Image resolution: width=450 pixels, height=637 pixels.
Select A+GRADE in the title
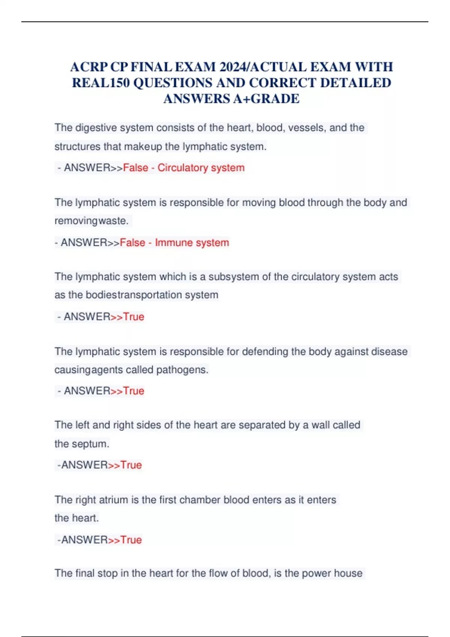tap(266, 99)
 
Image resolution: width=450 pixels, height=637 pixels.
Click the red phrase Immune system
tap(192, 242)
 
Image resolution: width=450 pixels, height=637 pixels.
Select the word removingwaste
tap(91, 221)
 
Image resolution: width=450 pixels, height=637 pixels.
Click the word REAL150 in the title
tap(100, 83)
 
